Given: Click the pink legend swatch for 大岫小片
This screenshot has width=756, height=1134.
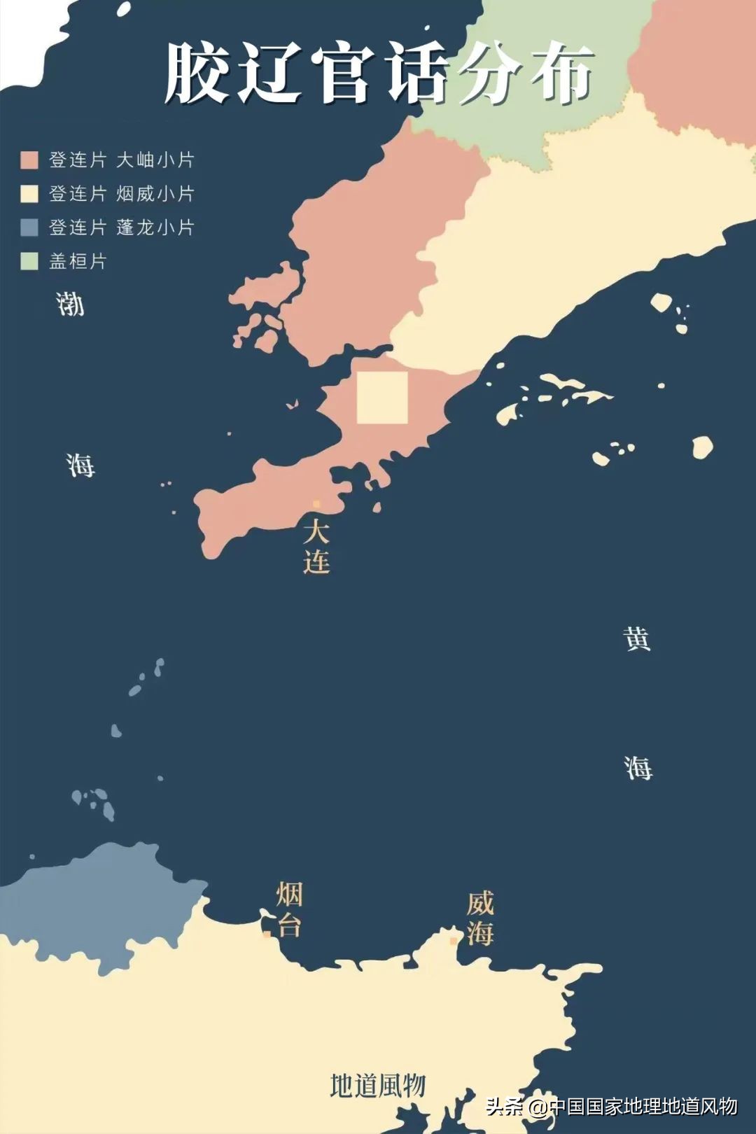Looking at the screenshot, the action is pyautogui.click(x=29, y=160).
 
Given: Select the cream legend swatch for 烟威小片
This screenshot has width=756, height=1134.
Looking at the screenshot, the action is pyautogui.click(x=29, y=194).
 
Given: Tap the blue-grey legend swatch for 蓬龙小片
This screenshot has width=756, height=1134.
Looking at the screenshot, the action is pyautogui.click(x=29, y=227).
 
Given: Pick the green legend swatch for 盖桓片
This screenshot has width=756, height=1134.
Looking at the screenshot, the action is pyautogui.click(x=29, y=261).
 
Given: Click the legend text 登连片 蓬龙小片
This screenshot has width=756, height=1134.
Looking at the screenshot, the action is pyautogui.click(x=121, y=227).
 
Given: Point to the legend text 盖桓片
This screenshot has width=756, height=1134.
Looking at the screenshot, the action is pyautogui.click(x=78, y=261).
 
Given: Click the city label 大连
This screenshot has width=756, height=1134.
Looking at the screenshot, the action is pyautogui.click(x=316, y=547).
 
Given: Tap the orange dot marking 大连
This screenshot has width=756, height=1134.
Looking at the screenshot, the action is pyautogui.click(x=316, y=504).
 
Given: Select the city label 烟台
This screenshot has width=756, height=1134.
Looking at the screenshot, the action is pyautogui.click(x=289, y=909).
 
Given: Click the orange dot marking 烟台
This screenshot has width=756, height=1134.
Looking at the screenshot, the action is pyautogui.click(x=267, y=934).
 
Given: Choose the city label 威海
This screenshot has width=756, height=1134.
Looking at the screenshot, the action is pyautogui.click(x=480, y=918).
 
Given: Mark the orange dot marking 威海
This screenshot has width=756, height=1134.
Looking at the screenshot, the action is pyautogui.click(x=454, y=941).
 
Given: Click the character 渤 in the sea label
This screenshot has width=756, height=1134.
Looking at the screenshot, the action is pyautogui.click(x=71, y=304).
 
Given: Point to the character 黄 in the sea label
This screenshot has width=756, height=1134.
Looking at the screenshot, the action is pyautogui.click(x=637, y=639).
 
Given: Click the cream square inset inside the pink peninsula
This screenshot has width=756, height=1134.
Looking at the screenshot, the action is pyautogui.click(x=382, y=398).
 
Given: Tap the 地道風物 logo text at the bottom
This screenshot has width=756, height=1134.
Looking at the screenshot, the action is pyautogui.click(x=378, y=1086).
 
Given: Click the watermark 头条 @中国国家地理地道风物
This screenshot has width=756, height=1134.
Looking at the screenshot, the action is pyautogui.click(x=611, y=1106).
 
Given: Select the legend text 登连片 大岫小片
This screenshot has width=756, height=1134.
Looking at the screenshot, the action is pyautogui.click(x=121, y=160).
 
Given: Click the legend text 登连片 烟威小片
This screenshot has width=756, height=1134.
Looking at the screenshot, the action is pyautogui.click(x=121, y=194).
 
